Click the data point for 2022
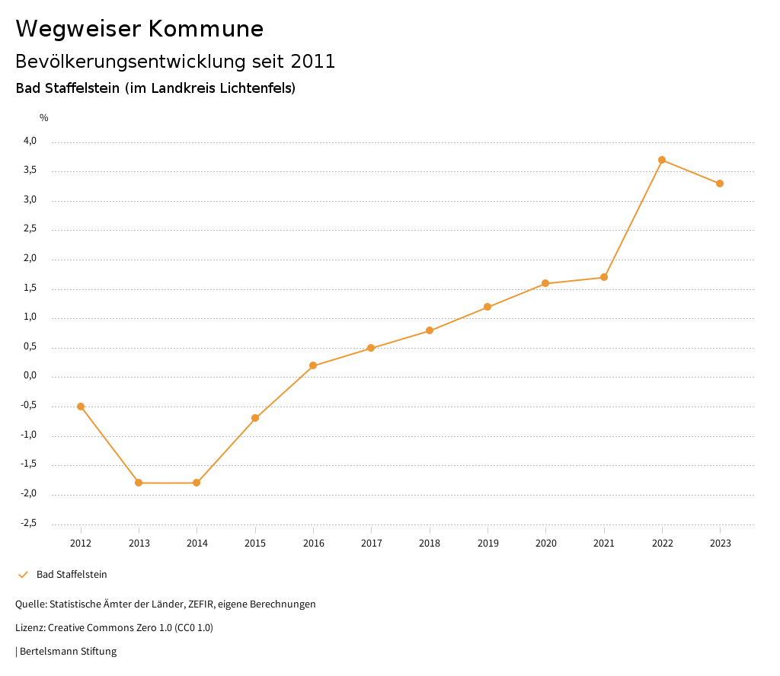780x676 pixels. [662, 160]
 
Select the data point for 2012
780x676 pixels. [81, 407]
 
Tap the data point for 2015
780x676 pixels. [255, 418]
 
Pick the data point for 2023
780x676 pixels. [720, 183]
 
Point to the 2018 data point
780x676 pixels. [430, 330]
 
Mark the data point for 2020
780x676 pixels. [545, 283]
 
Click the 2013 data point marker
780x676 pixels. [139, 483]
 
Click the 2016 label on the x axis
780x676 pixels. [313, 544]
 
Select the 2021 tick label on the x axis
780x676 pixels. [604, 544]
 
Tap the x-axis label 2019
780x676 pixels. [487, 544]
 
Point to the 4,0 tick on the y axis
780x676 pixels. [30, 141]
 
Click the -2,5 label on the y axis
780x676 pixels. [28, 523]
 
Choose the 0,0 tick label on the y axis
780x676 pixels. [30, 376]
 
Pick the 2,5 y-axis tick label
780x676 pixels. [30, 229]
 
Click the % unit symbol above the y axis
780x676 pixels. [44, 118]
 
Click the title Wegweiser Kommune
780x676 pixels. [139, 29]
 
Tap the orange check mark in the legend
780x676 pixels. [23, 575]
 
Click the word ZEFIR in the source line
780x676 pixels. [200, 604]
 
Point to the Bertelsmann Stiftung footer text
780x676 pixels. [68, 652]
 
